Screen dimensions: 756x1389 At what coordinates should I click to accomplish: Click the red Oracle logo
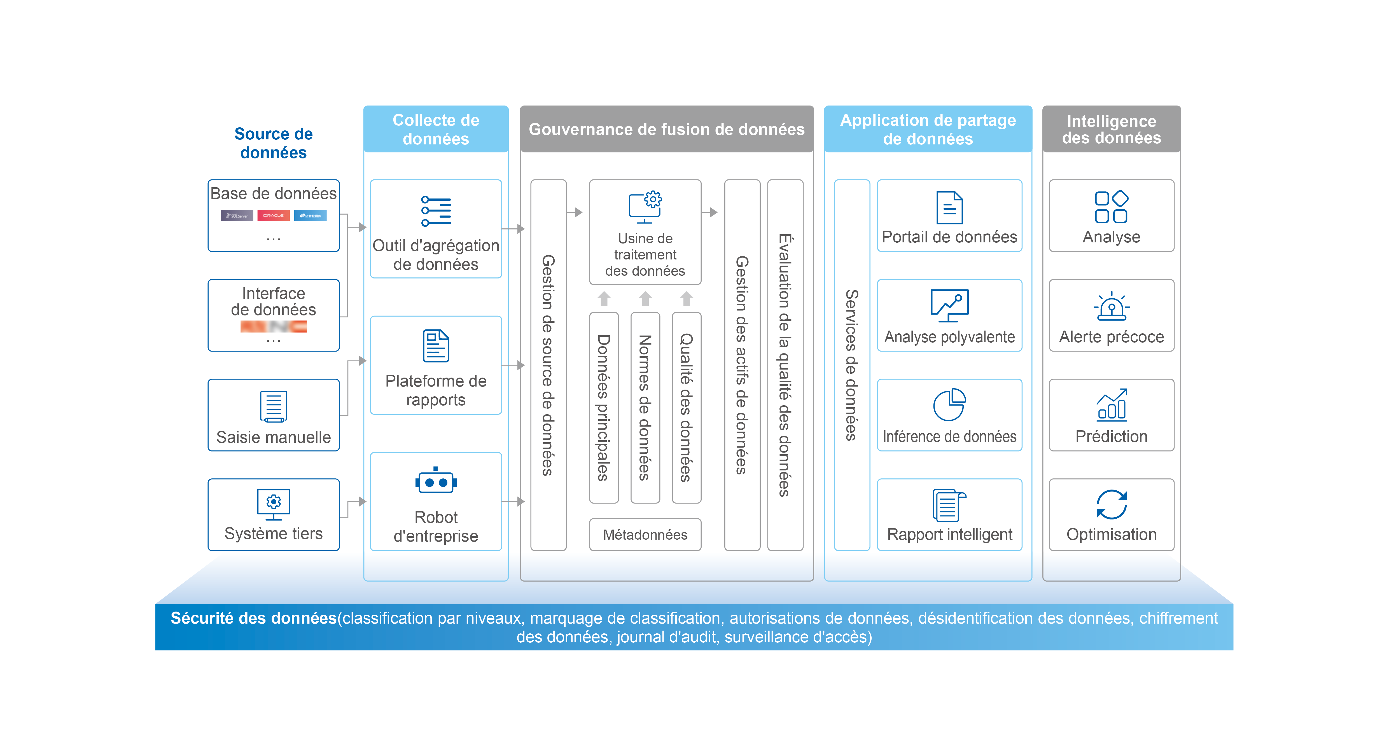tap(273, 216)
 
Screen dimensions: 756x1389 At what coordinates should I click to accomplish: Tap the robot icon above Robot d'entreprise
tap(436, 481)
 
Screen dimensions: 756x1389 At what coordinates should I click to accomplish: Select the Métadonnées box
tap(645, 534)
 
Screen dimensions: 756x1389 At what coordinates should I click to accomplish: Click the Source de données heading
tap(273, 143)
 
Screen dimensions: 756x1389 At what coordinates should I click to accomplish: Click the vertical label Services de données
tap(851, 365)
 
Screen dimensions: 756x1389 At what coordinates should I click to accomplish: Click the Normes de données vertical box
tap(645, 407)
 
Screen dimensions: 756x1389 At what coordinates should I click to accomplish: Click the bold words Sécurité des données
tap(253, 618)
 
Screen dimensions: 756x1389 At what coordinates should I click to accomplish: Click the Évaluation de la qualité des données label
tap(785, 365)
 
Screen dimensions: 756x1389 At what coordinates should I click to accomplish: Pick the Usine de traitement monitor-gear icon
tap(645, 207)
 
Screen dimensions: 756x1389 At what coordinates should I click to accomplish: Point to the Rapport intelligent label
tap(949, 534)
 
